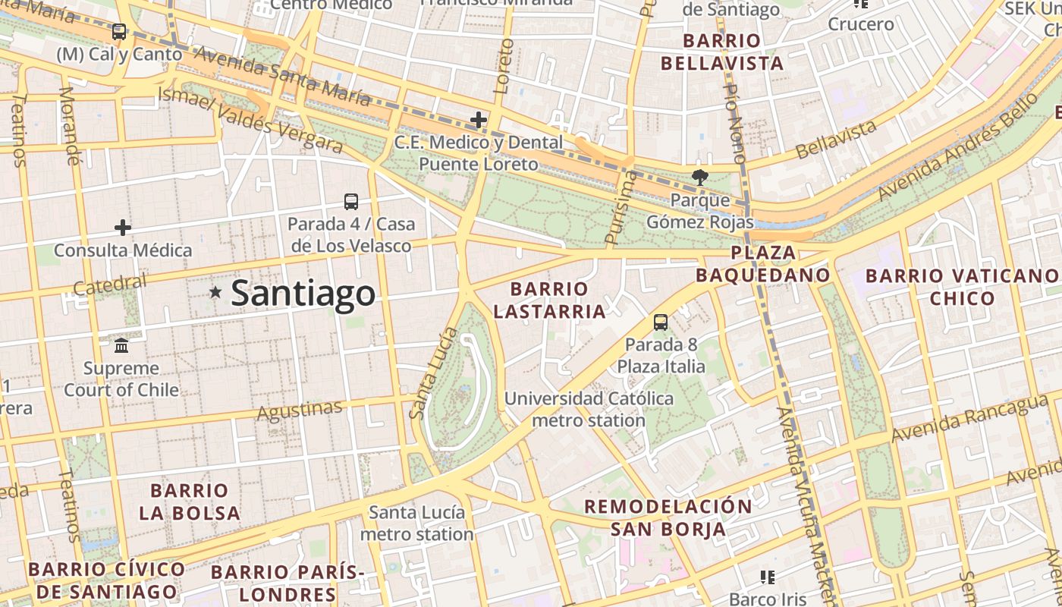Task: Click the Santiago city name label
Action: pos(303,294)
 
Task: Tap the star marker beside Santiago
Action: pos(215,292)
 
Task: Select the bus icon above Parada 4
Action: pos(351,202)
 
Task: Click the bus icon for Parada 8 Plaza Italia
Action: pos(661,322)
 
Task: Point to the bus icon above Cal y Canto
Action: pos(119,32)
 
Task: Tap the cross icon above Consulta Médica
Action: pos(123,228)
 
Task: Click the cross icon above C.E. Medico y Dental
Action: pos(479,120)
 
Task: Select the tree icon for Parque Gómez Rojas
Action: pos(699,178)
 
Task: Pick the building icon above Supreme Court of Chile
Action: pos(121,346)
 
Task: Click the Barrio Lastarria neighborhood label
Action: pos(549,300)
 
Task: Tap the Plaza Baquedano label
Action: pos(764,264)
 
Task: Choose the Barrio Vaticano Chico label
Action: pos(961,287)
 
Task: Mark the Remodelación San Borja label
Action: pos(668,517)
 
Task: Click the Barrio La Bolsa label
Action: pos(190,502)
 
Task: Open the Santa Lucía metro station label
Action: pos(416,523)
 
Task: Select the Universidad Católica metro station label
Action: pos(589,409)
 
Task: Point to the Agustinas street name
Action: pos(300,410)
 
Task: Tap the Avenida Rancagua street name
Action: pos(962,419)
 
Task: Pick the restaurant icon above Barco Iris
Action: pos(768,578)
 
